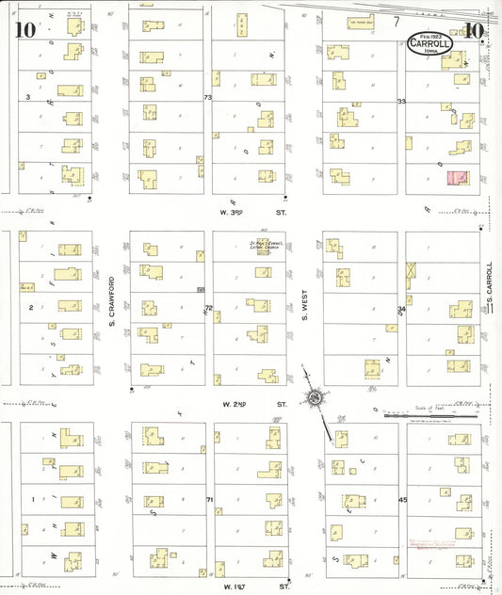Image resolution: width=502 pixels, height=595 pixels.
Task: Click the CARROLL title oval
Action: pos(430,43)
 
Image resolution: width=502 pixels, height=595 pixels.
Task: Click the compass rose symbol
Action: pos(313,400)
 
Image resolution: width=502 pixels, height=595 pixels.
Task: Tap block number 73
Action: pos(208,97)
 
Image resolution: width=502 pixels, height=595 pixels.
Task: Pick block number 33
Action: pos(401,101)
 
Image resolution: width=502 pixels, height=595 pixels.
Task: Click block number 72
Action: pos(208,308)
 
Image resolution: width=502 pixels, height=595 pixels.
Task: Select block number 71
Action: pos(208,498)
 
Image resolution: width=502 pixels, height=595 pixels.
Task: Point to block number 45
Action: pos(402,499)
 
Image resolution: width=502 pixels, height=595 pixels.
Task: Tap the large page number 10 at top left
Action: pos(25,29)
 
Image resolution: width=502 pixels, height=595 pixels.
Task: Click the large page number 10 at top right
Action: pos(474,29)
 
